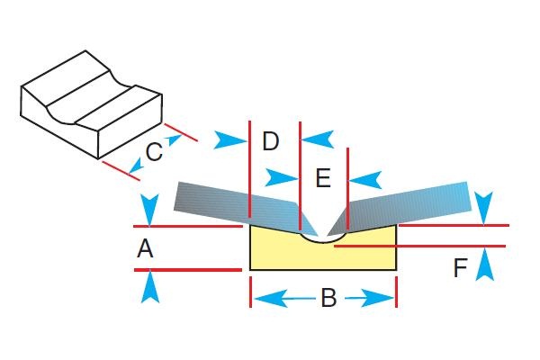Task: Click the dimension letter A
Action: [145, 249]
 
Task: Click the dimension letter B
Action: [328, 298]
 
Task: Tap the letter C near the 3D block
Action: [154, 152]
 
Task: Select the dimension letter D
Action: [271, 141]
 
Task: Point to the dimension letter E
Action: [323, 179]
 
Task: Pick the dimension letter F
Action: [460, 268]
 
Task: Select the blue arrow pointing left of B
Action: [270, 298]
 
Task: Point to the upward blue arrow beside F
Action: [485, 264]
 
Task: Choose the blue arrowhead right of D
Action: [317, 139]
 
